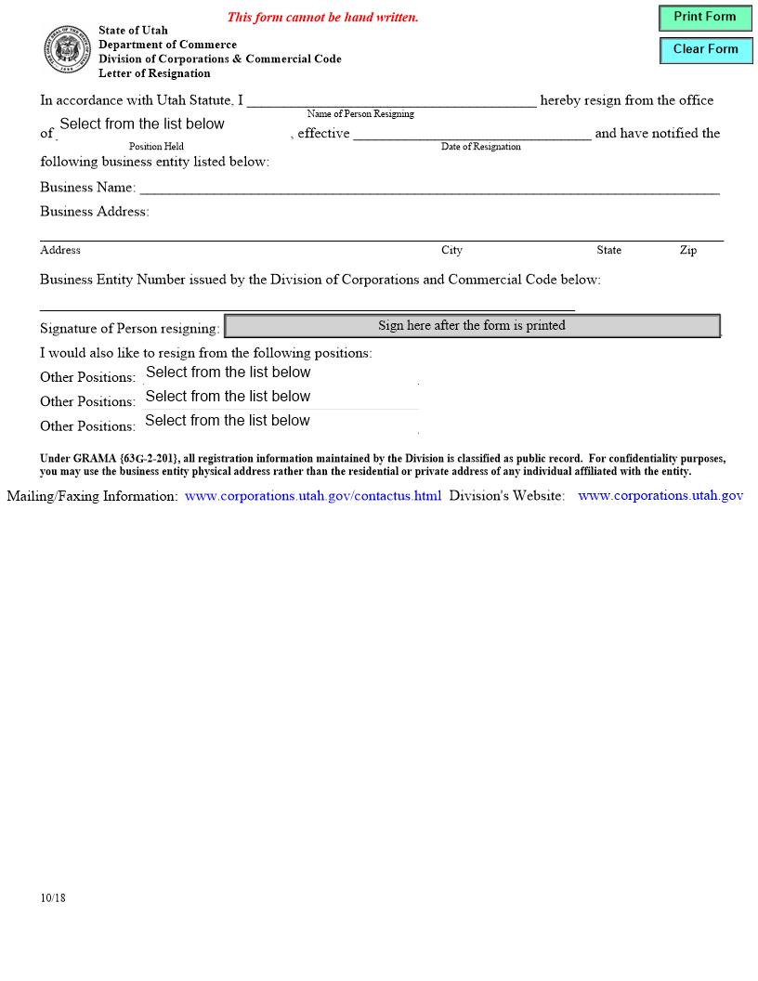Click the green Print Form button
(705, 18)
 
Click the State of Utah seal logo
(67, 50)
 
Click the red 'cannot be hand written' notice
(322, 18)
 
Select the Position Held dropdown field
(173, 125)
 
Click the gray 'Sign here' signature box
(472, 326)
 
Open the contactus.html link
(312, 496)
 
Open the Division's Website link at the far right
(660, 496)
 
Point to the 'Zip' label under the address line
(687, 251)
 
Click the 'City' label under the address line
(451, 251)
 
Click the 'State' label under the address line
(608, 251)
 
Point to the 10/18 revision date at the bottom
(53, 898)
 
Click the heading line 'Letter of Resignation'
(154, 73)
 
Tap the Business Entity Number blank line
(307, 303)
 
